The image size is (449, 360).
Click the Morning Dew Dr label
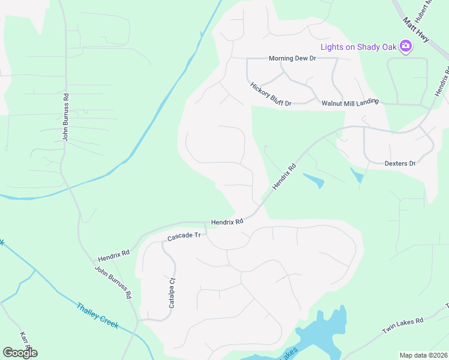click(x=292, y=58)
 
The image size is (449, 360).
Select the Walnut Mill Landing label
click(x=350, y=103)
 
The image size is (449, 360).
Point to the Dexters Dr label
click(x=400, y=163)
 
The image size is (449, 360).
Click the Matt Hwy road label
click(x=417, y=30)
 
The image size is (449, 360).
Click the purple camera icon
click(x=406, y=46)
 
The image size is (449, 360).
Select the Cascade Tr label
click(x=183, y=237)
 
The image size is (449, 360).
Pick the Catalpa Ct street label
click(x=172, y=293)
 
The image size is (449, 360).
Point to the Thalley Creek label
click(x=97, y=316)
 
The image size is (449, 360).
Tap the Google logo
click(x=20, y=353)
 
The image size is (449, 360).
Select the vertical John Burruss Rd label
click(x=66, y=117)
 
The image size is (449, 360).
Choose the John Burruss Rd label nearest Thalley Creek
click(x=113, y=283)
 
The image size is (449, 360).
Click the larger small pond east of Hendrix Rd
click(x=313, y=179)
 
